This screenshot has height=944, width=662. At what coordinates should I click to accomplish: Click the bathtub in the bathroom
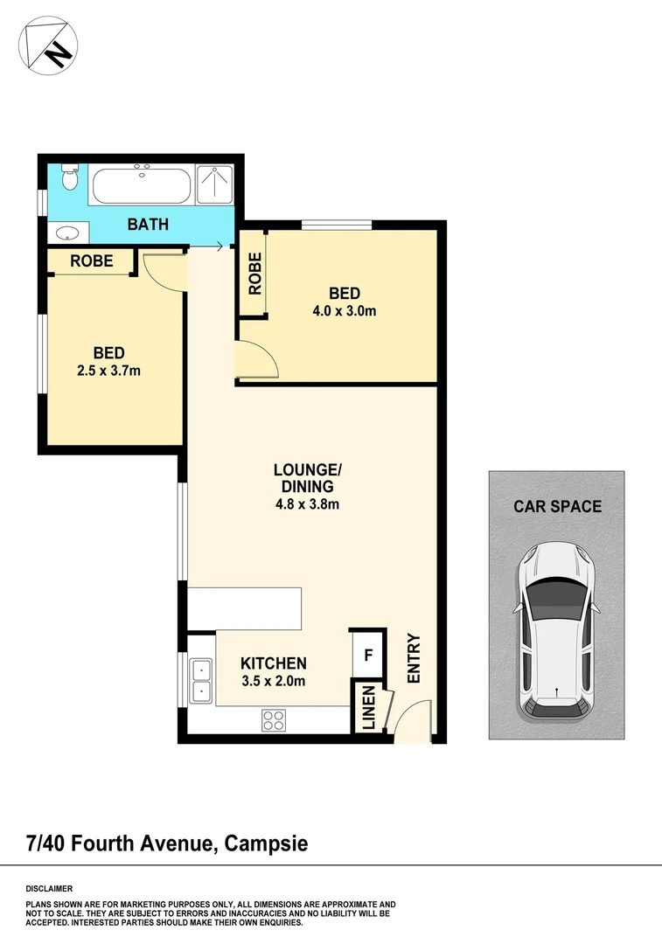143,184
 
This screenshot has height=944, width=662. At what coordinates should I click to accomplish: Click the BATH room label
148,225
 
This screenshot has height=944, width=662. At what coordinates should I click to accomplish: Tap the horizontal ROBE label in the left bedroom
91,260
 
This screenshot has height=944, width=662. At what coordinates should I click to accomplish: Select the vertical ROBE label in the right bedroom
254,273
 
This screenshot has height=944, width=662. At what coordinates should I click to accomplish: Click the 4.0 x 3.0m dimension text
344,310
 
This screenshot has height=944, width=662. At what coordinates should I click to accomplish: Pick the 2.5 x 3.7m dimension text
108,370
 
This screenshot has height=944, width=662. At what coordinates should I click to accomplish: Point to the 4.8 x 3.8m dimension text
303,503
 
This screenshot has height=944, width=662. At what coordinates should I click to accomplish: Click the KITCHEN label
274,663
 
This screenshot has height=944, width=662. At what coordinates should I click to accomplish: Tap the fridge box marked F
368,654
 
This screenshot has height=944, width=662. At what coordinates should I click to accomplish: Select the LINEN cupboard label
368,707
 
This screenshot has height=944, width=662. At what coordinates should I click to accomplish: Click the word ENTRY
414,658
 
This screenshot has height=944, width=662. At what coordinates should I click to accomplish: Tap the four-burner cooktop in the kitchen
274,720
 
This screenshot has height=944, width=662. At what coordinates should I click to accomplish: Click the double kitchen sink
201,680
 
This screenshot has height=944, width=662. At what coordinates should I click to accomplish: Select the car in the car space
556,631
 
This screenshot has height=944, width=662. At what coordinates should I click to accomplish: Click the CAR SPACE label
557,506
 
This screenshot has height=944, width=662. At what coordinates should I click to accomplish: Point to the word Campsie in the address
266,843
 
